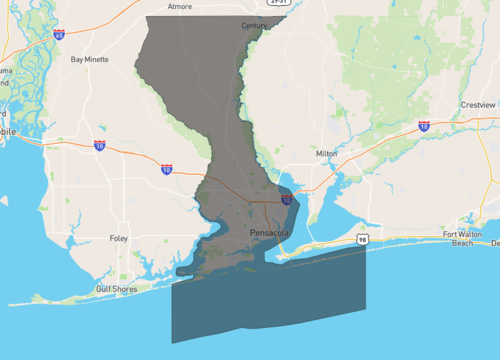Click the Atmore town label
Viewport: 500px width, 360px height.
(179, 6)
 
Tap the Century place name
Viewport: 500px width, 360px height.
(255, 25)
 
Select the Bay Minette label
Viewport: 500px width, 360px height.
(90, 59)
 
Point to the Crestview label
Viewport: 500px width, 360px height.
(478, 104)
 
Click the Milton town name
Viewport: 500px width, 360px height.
(327, 153)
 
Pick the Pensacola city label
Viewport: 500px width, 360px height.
(269, 232)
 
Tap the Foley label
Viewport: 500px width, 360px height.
(119, 239)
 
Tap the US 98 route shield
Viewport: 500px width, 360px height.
(361, 240)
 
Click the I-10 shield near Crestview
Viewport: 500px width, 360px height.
(424, 127)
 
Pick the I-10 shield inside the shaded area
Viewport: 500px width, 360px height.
(287, 200)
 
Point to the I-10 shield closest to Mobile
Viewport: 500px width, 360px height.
(100, 146)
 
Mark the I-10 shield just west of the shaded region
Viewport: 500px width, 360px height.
(166, 170)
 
